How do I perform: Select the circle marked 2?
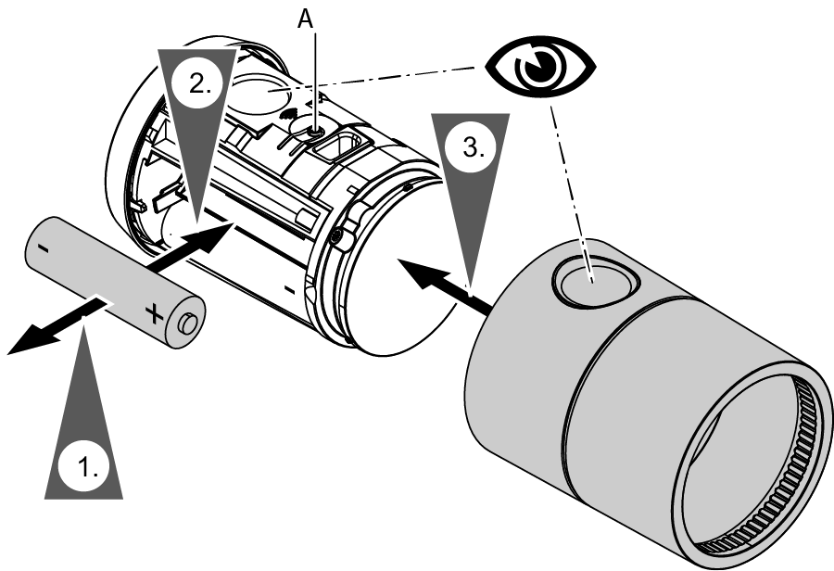click(x=198, y=82)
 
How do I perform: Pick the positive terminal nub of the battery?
click(x=188, y=324)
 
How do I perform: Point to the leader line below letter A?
click(x=318, y=83)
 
